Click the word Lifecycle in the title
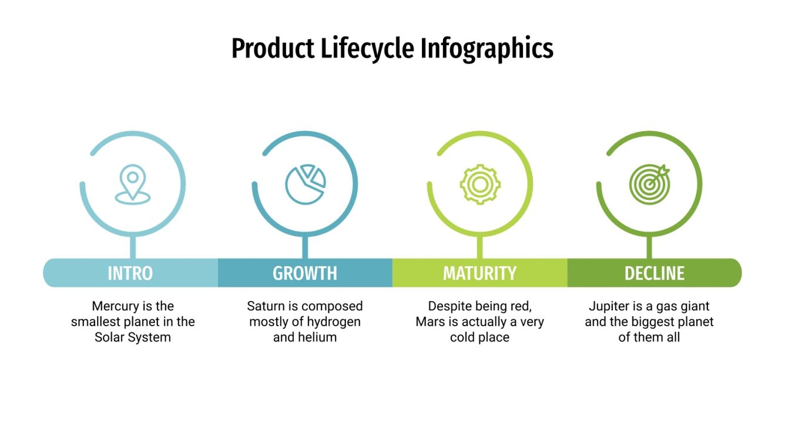point(368,48)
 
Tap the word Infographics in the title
point(487,48)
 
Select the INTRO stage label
point(130,273)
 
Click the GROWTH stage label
point(305,273)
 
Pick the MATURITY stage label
point(479,273)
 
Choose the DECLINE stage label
point(654,273)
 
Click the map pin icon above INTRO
point(133,184)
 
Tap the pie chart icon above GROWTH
point(305,184)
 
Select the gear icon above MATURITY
point(479,184)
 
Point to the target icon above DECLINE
point(649,184)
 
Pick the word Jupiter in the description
point(609,306)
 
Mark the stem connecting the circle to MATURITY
point(479,247)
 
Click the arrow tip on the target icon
point(665,170)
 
